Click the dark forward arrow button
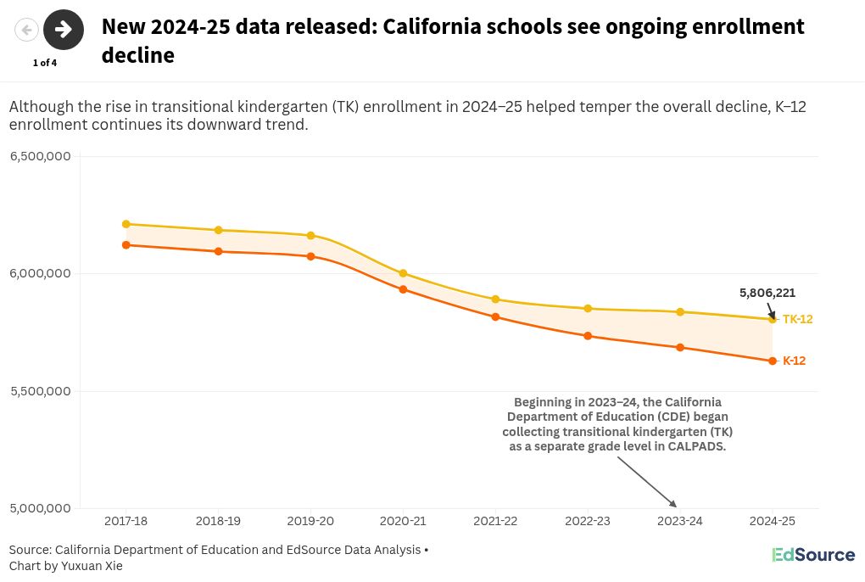pyautogui.click(x=64, y=30)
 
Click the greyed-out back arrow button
pyautogui.click(x=27, y=31)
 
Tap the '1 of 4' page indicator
pyautogui.click(x=45, y=63)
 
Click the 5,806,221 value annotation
pyautogui.click(x=767, y=293)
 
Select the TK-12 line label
pyautogui.click(x=797, y=320)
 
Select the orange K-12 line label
pyautogui.click(x=794, y=361)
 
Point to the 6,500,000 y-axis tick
pyautogui.click(x=40, y=156)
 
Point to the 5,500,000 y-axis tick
pyautogui.click(x=40, y=391)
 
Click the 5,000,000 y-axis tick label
pyautogui.click(x=40, y=508)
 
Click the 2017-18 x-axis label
pyautogui.click(x=126, y=521)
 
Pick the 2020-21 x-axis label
pyautogui.click(x=403, y=521)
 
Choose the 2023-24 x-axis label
pyautogui.click(x=679, y=521)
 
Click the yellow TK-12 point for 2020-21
pyautogui.click(x=403, y=273)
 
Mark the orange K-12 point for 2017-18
pyautogui.click(x=126, y=245)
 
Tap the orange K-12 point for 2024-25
pyautogui.click(x=772, y=361)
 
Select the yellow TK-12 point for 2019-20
pyautogui.click(x=310, y=236)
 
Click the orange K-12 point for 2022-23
pyautogui.click(x=588, y=336)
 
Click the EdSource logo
pyautogui.click(x=812, y=555)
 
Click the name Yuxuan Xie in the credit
pyautogui.click(x=92, y=566)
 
